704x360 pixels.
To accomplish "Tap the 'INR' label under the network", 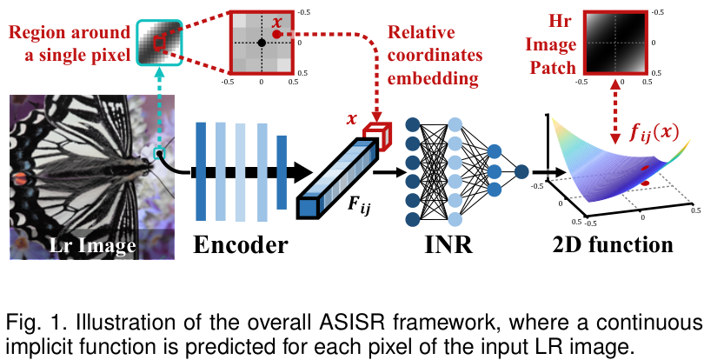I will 448,245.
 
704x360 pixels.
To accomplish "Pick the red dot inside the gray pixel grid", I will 276,34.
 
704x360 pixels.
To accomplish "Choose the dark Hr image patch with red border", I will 615,42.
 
